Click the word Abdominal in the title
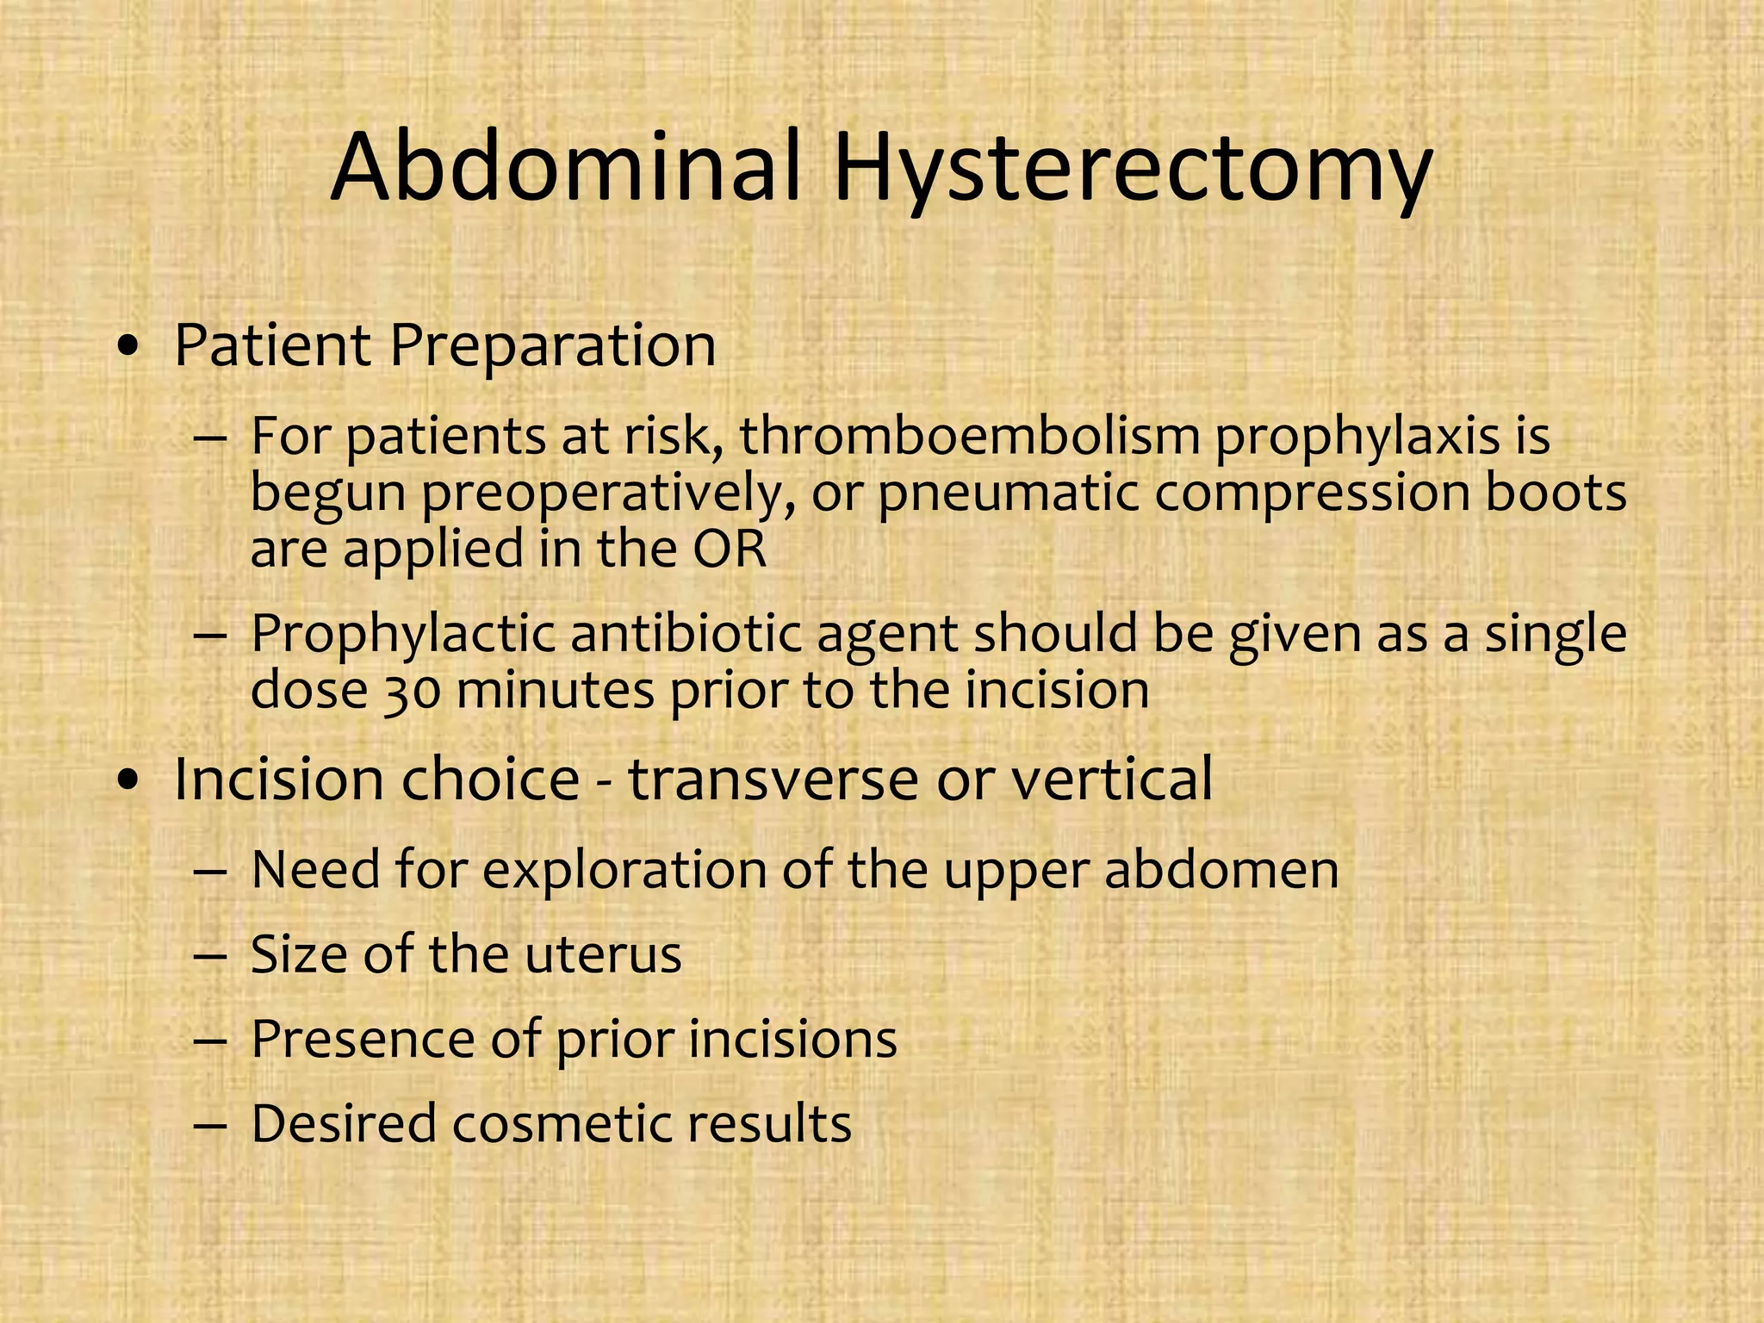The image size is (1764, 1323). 564,165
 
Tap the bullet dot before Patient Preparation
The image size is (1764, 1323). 128,348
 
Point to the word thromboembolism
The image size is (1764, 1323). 970,436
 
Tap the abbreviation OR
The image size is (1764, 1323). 730,550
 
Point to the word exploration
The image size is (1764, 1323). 624,871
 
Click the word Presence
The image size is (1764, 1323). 363,1039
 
